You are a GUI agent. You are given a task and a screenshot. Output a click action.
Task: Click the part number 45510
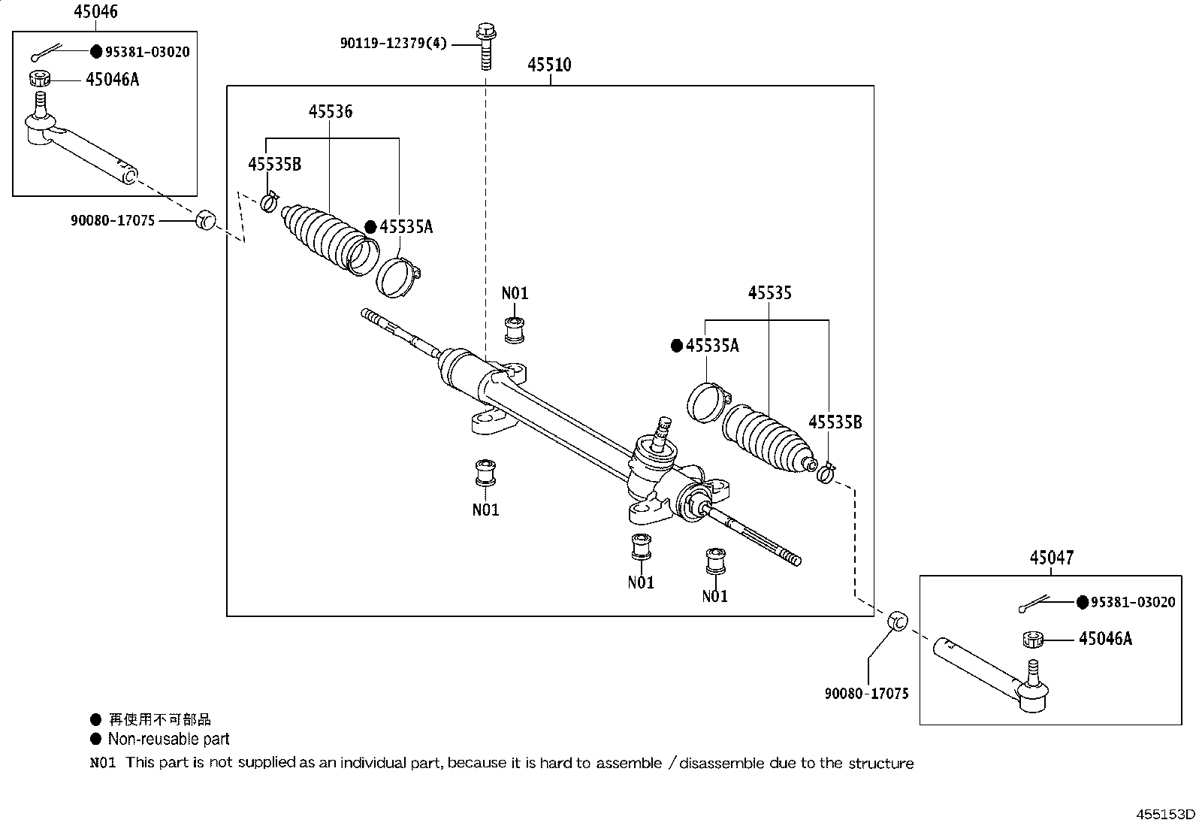[x=549, y=65]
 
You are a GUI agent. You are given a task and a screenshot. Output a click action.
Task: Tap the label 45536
[x=331, y=111]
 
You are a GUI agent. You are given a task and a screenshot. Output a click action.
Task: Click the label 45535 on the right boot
[x=769, y=293]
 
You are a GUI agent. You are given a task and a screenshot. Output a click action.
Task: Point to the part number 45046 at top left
[x=95, y=11]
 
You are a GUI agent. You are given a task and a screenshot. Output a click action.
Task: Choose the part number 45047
[x=1051, y=558]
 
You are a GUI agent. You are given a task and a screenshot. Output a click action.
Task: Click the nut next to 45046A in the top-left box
[x=39, y=78]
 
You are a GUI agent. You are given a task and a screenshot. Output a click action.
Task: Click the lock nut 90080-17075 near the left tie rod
[x=206, y=221]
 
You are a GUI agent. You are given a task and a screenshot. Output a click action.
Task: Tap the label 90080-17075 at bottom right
[x=866, y=693]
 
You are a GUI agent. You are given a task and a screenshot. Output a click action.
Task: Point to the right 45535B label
[x=835, y=422]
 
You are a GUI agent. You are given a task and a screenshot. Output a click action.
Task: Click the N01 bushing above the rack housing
[x=514, y=330]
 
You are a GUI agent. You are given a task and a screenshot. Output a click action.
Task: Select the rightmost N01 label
[x=715, y=596]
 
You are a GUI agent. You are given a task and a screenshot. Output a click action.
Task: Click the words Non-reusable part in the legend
[x=168, y=739]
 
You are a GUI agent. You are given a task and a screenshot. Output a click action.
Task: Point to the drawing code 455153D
[x=1164, y=814]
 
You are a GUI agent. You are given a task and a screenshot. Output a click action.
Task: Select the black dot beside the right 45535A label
[x=677, y=346]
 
